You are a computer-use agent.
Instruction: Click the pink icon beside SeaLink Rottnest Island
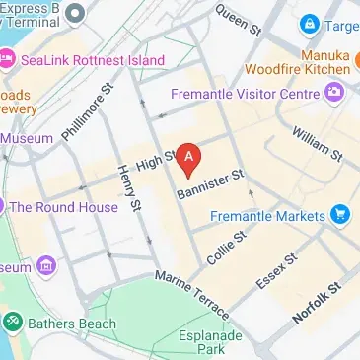(x=6, y=59)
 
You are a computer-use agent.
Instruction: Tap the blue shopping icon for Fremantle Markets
(x=339, y=215)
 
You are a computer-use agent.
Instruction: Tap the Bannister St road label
(x=210, y=182)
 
